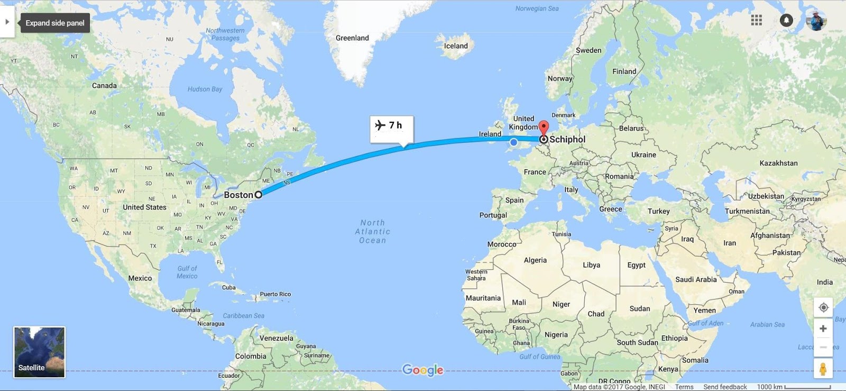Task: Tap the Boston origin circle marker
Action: point(259,195)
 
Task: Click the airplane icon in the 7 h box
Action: point(380,125)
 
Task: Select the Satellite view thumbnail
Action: point(39,352)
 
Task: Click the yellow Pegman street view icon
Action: point(823,369)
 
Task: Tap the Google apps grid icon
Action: point(757,20)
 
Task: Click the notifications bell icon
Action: point(786,20)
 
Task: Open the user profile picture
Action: point(816,20)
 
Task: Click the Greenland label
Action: point(352,38)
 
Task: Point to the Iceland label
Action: point(456,46)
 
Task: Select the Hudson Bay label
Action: point(205,89)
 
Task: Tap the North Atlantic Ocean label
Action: point(373,232)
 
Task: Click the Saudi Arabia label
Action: point(696,279)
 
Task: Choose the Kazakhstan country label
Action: point(778,163)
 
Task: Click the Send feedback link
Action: point(725,387)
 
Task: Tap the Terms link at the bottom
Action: point(684,387)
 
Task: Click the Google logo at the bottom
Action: point(422,370)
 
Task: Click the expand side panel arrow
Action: point(7,22)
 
